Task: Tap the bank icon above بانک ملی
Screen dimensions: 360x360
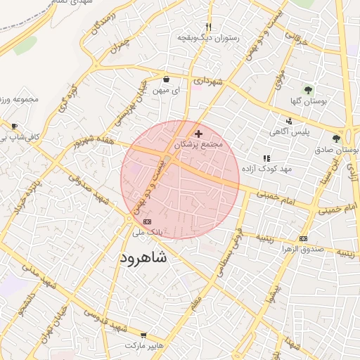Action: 146,221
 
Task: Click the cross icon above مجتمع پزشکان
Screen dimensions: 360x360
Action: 199,134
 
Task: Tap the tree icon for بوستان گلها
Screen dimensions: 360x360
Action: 307,90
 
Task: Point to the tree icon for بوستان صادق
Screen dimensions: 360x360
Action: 336,139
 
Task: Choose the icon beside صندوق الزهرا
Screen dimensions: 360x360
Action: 303,239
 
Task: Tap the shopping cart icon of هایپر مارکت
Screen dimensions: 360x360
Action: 144,335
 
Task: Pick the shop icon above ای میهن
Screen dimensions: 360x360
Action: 166,79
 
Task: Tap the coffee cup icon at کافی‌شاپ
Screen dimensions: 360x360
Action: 14,126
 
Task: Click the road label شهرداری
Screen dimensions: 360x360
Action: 209,82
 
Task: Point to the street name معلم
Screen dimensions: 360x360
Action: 196,304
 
